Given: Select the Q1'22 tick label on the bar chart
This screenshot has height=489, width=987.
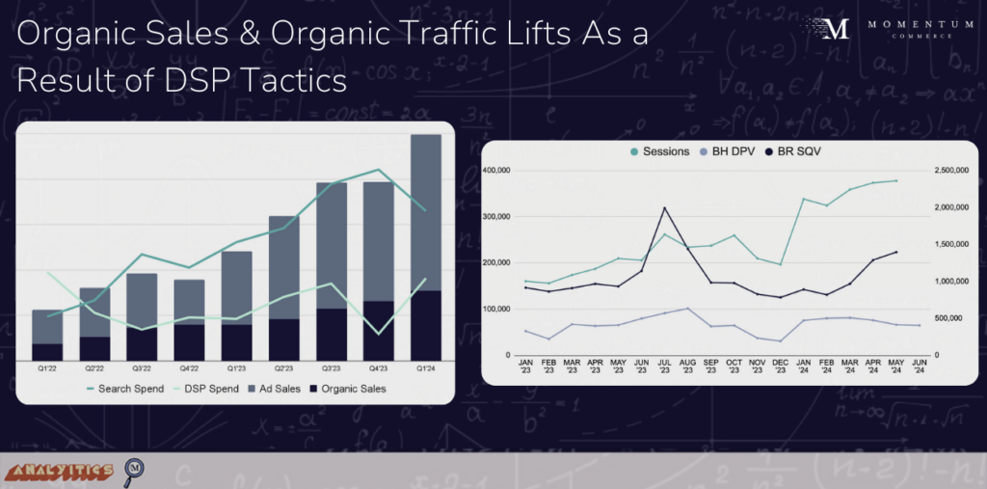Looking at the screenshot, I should pyautogui.click(x=46, y=367).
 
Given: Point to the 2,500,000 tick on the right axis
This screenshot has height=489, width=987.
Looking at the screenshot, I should pyautogui.click(x=952, y=171).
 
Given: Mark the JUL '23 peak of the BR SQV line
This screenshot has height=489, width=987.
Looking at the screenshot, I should pyautogui.click(x=665, y=207).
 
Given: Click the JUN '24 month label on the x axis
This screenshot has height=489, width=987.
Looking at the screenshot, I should pyautogui.click(x=920, y=367).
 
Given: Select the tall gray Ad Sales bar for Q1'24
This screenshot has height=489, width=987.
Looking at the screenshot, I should pyautogui.click(x=426, y=212).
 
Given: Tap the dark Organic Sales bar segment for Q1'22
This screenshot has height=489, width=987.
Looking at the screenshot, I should pyautogui.click(x=46, y=351).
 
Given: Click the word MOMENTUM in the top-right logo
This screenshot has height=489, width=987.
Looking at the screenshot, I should pyautogui.click(x=910, y=23).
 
